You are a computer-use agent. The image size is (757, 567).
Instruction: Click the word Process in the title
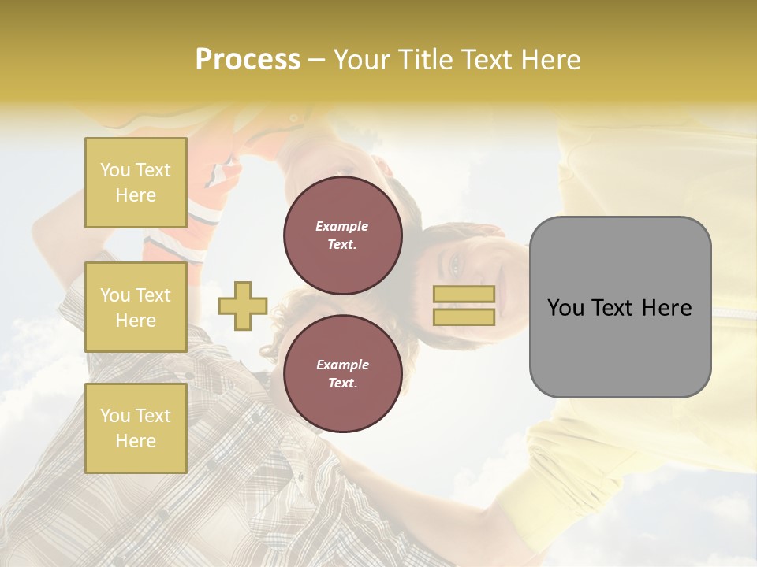tap(248, 60)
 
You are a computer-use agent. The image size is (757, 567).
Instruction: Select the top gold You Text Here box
tap(136, 183)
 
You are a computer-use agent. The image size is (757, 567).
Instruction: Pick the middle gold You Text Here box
tap(136, 307)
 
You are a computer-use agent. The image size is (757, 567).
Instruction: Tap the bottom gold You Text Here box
tap(136, 428)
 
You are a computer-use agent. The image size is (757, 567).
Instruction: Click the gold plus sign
tap(243, 306)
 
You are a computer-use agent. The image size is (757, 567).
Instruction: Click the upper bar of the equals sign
tap(464, 294)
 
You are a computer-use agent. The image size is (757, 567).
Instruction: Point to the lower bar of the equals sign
tap(464, 317)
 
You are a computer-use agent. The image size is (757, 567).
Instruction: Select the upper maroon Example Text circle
tap(342, 235)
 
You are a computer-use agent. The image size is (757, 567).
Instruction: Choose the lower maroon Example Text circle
tap(342, 373)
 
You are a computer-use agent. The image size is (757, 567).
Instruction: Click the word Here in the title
tap(552, 60)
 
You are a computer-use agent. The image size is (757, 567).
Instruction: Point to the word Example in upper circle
tap(342, 226)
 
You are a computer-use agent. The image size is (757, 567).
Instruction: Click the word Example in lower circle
tap(342, 365)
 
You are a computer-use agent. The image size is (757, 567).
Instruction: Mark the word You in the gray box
tap(565, 308)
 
